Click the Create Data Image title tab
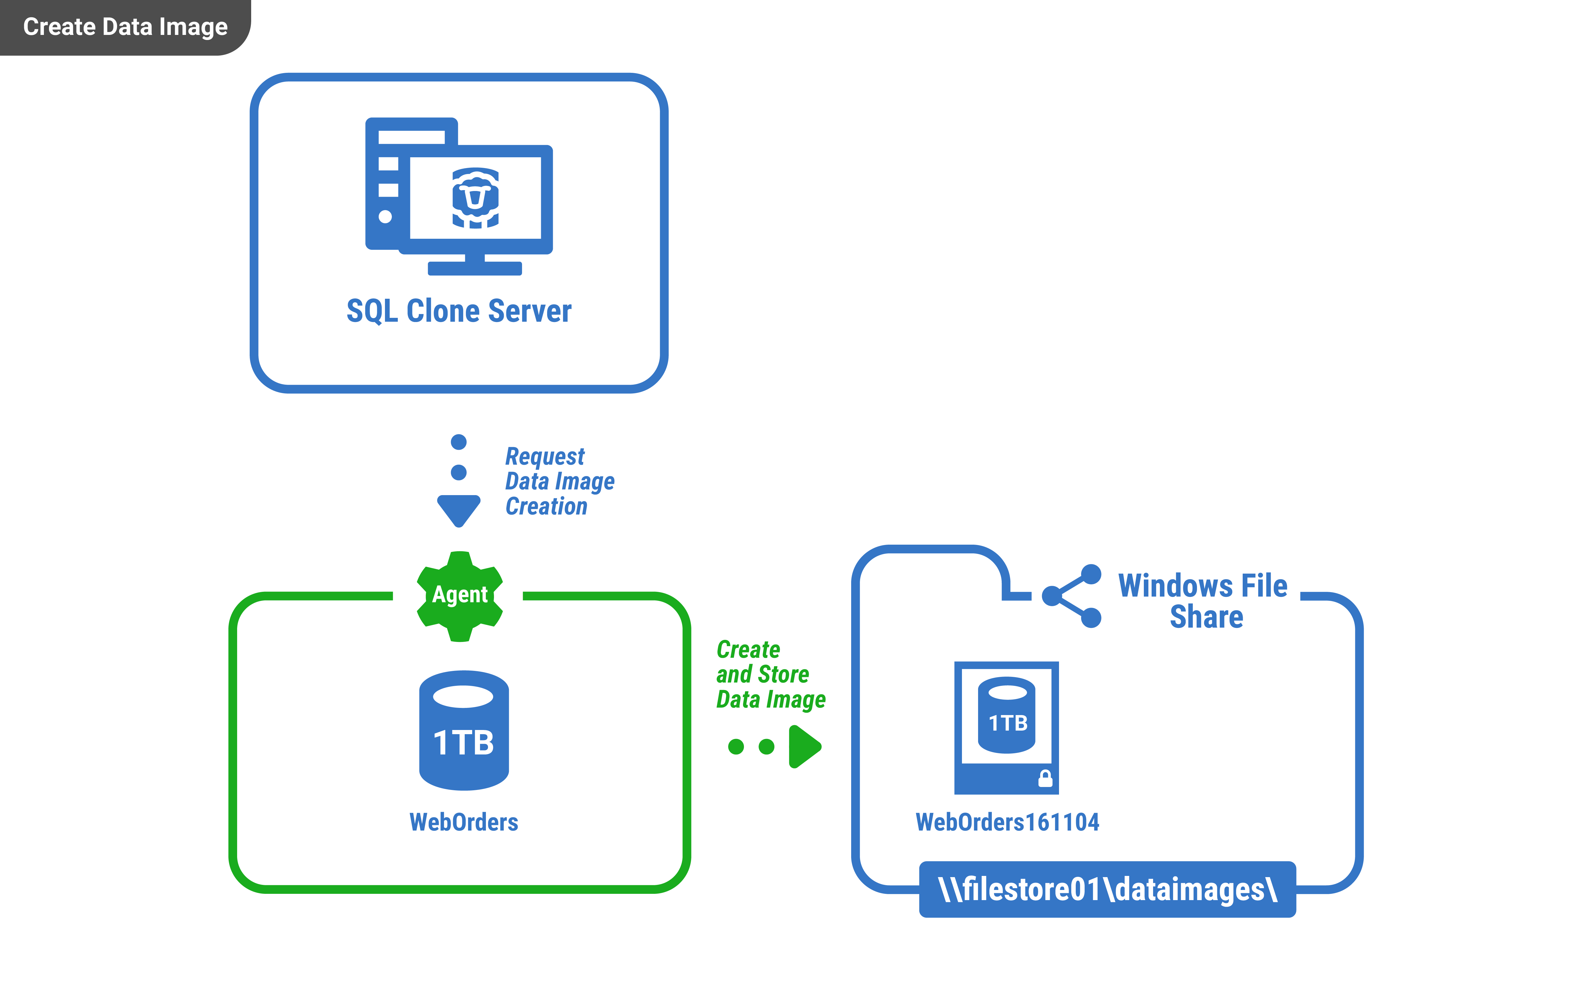point(125,27)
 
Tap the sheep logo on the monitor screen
point(475,198)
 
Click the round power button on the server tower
point(385,216)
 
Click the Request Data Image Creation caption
point(559,481)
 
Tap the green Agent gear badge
point(460,596)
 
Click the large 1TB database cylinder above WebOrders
point(464,731)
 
